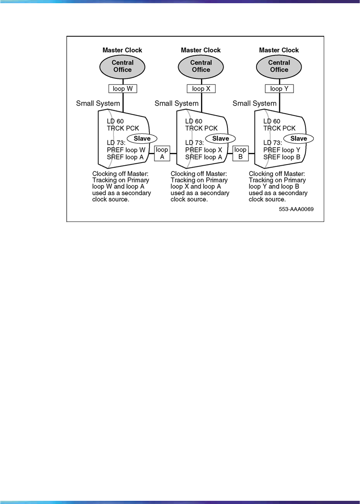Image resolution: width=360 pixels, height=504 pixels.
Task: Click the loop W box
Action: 123,89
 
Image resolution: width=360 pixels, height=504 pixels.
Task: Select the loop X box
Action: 201,89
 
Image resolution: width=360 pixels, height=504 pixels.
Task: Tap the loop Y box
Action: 279,89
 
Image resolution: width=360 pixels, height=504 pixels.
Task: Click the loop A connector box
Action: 162,153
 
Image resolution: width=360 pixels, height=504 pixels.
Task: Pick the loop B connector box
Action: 241,153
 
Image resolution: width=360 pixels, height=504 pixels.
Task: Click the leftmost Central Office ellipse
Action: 123,66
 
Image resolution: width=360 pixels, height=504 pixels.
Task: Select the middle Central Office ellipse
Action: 201,66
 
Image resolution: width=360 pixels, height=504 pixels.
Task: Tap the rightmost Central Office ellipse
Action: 279,66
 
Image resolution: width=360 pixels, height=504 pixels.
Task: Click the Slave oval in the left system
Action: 142,138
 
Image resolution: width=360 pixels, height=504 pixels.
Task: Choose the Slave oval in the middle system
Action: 220,138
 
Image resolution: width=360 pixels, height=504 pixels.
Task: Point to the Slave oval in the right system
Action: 299,138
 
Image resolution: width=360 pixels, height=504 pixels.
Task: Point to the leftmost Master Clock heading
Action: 122,50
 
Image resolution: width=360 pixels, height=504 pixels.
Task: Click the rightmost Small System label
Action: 254,104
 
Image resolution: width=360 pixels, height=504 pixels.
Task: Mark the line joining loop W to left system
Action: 123,102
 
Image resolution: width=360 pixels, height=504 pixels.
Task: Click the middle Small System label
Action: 176,104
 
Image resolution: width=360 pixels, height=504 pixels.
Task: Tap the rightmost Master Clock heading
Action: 279,50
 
